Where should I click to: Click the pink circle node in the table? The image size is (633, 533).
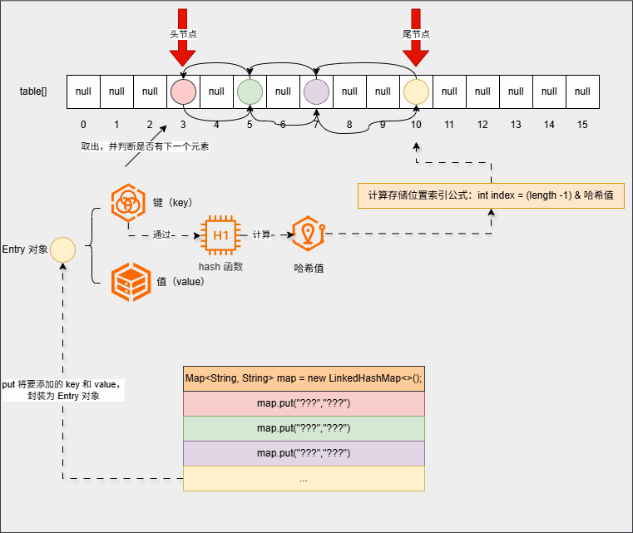[x=183, y=91]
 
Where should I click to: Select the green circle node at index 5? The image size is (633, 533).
[x=250, y=91]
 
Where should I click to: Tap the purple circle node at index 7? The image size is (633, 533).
[x=316, y=91]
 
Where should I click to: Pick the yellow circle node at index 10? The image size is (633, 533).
[x=416, y=91]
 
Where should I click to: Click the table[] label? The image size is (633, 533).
[x=33, y=91]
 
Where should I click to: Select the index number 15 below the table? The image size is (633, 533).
[x=582, y=125]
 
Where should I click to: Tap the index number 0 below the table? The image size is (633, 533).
[x=83, y=125]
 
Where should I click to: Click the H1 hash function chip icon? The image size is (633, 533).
[x=220, y=235]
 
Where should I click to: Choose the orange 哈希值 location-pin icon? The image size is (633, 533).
[x=309, y=235]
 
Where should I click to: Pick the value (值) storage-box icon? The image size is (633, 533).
[x=129, y=281]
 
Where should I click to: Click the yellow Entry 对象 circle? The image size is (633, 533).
[x=62, y=249]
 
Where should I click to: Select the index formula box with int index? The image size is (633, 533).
[x=491, y=195]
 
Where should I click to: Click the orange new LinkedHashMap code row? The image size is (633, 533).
[x=304, y=378]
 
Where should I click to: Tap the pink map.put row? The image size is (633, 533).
[x=304, y=403]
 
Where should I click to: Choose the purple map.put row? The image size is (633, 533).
[x=304, y=453]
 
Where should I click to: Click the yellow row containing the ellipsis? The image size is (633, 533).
[x=304, y=478]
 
